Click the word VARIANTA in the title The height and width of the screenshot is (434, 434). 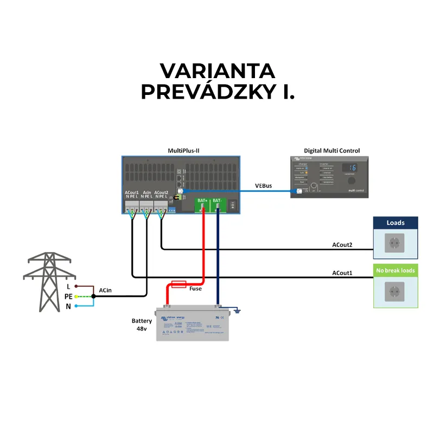(x=217, y=71)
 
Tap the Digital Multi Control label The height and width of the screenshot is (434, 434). (x=332, y=150)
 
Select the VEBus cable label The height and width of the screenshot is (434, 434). (x=264, y=186)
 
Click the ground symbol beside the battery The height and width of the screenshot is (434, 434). (x=237, y=311)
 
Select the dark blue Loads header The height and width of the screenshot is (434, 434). (x=395, y=223)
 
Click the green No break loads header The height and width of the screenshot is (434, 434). (x=395, y=270)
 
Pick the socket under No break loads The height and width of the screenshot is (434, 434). (x=395, y=291)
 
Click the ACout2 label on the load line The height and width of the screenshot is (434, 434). (x=342, y=245)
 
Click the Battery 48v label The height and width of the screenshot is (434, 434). (x=142, y=324)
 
